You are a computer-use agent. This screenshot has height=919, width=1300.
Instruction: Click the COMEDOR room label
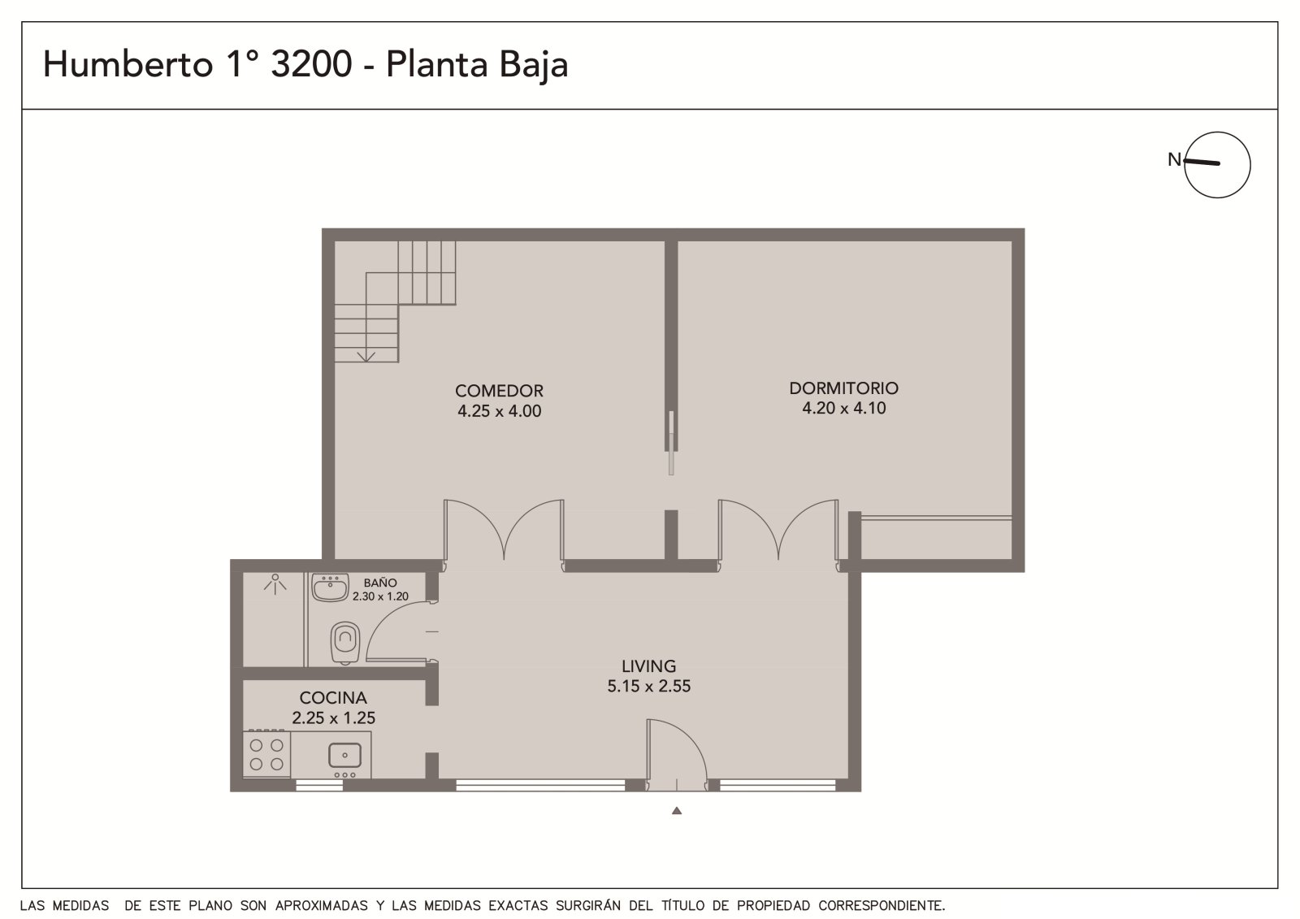[x=499, y=391]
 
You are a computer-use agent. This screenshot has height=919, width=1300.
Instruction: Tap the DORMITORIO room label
[x=844, y=388]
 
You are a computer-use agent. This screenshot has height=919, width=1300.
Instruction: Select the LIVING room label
[x=649, y=665]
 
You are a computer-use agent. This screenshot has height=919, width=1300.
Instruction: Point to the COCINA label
[x=333, y=697]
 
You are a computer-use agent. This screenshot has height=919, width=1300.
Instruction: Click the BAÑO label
[x=380, y=583]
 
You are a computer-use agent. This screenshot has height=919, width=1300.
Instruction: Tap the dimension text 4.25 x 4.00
[x=499, y=411]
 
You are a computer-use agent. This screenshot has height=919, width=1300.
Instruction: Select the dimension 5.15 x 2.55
[x=649, y=686]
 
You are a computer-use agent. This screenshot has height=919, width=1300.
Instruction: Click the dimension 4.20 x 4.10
[x=844, y=408]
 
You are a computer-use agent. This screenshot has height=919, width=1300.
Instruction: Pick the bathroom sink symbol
[x=330, y=587]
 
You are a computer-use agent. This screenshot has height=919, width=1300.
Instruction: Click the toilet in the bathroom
[x=345, y=644]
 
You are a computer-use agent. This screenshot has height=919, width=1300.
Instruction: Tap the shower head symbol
[x=275, y=583]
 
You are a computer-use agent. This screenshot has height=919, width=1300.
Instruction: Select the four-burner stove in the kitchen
[x=266, y=753]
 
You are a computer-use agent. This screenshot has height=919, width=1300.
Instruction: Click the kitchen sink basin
[x=344, y=756]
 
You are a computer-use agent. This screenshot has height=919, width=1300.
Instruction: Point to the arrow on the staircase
[x=366, y=357]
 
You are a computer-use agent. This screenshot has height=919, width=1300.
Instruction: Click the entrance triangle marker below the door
[x=677, y=811]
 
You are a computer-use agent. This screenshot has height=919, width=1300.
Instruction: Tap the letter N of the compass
[x=1174, y=159]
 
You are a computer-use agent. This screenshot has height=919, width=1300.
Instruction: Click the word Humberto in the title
[x=128, y=63]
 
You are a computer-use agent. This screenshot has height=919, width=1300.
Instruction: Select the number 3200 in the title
[x=311, y=64]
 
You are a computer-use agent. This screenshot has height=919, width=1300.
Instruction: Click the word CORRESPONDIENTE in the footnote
[x=882, y=906]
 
